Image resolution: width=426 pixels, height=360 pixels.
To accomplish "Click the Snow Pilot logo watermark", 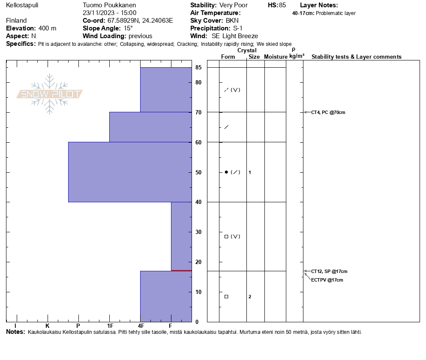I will (50, 94).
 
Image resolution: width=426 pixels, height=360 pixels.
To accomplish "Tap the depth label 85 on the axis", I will (198, 67).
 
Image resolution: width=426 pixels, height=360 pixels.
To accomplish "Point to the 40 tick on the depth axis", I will (198, 202).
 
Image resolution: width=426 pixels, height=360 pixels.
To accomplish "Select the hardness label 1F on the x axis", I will (110, 326).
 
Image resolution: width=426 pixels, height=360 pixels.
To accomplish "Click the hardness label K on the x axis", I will (48, 326).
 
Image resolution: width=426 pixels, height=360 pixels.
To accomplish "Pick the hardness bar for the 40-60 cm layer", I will (130, 172).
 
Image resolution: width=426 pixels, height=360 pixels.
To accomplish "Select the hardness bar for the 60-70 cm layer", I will (150, 127).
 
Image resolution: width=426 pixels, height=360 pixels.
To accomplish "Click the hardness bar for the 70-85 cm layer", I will (166, 90).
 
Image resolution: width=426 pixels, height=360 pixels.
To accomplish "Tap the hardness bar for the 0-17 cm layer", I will (166, 296).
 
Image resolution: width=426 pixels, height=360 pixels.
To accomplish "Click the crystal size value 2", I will (250, 297).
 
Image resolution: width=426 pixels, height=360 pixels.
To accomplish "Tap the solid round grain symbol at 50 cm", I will (226, 172).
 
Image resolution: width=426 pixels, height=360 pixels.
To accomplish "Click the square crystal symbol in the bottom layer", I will (226, 297).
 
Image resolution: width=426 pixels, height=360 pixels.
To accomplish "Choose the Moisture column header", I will (276, 57).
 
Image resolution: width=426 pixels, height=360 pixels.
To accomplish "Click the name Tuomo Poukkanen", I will (109, 5).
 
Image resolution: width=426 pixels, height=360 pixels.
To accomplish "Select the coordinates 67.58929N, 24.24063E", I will (140, 21).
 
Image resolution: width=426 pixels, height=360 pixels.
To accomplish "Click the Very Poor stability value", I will (233, 5).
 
